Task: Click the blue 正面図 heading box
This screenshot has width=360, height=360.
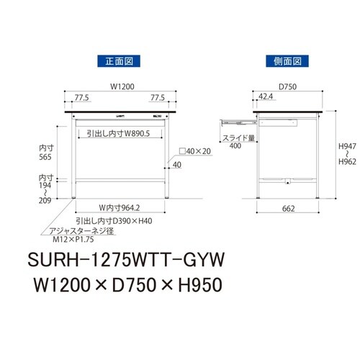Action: point(119,61)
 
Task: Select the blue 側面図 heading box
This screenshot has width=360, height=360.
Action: point(287,61)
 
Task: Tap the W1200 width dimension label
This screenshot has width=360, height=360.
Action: point(122,86)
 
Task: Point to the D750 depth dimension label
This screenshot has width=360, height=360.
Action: point(287,86)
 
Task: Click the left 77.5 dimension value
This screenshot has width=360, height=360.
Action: point(81,98)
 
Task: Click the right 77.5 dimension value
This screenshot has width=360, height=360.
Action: point(158,98)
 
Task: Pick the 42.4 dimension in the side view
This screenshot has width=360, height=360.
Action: point(266,96)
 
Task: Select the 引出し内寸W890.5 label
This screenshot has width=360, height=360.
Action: point(118,133)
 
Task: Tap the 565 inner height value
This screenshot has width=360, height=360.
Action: point(45,157)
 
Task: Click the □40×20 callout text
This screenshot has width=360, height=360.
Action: point(195,151)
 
